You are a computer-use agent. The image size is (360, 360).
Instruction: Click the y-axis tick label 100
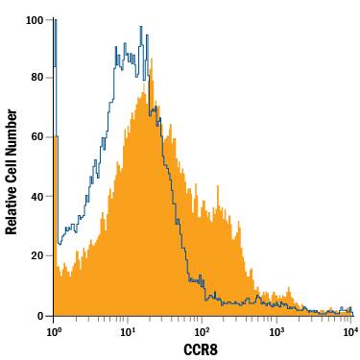point(36,19)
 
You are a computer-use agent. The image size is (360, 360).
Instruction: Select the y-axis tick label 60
point(38,137)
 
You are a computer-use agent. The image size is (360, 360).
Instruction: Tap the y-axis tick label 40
point(38,197)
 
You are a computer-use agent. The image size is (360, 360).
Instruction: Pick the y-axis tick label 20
point(38,256)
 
